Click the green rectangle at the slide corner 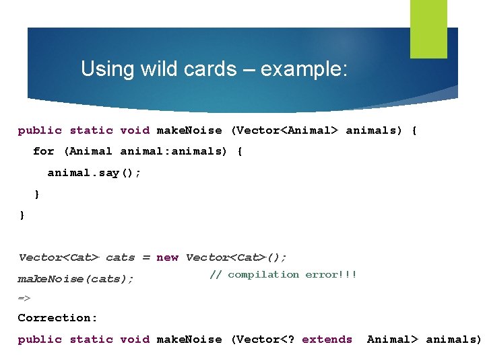click(428, 28)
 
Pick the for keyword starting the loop click(43, 151)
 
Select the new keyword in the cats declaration click(167, 257)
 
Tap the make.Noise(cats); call click(75, 278)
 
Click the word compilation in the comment click(263, 274)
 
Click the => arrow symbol click(24, 297)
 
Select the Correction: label click(57, 317)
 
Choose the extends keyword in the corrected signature click(327, 339)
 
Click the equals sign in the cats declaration click(145, 257)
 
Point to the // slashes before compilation click(216, 274)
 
